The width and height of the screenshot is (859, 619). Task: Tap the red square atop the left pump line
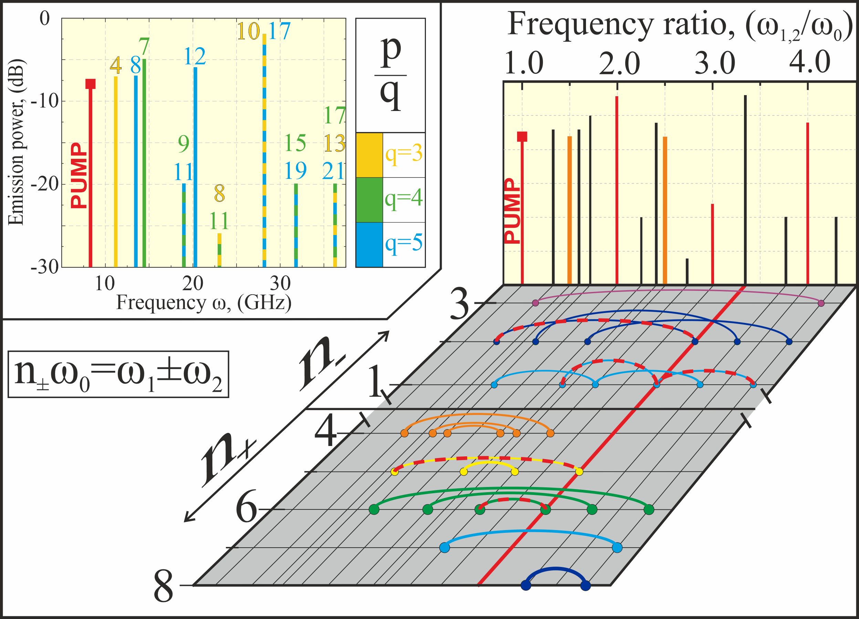(x=91, y=84)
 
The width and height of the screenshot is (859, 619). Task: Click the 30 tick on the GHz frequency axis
(x=280, y=283)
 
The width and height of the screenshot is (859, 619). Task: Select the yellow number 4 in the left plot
(x=116, y=65)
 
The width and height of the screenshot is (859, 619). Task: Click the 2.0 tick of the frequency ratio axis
(x=619, y=64)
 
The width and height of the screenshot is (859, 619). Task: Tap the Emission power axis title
(x=15, y=142)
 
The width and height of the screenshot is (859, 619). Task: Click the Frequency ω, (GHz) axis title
(x=204, y=303)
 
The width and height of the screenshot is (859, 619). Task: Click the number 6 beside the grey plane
(x=246, y=509)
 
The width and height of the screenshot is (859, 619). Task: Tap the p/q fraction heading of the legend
(x=390, y=74)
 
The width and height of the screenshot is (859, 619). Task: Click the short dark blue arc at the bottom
(x=555, y=571)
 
